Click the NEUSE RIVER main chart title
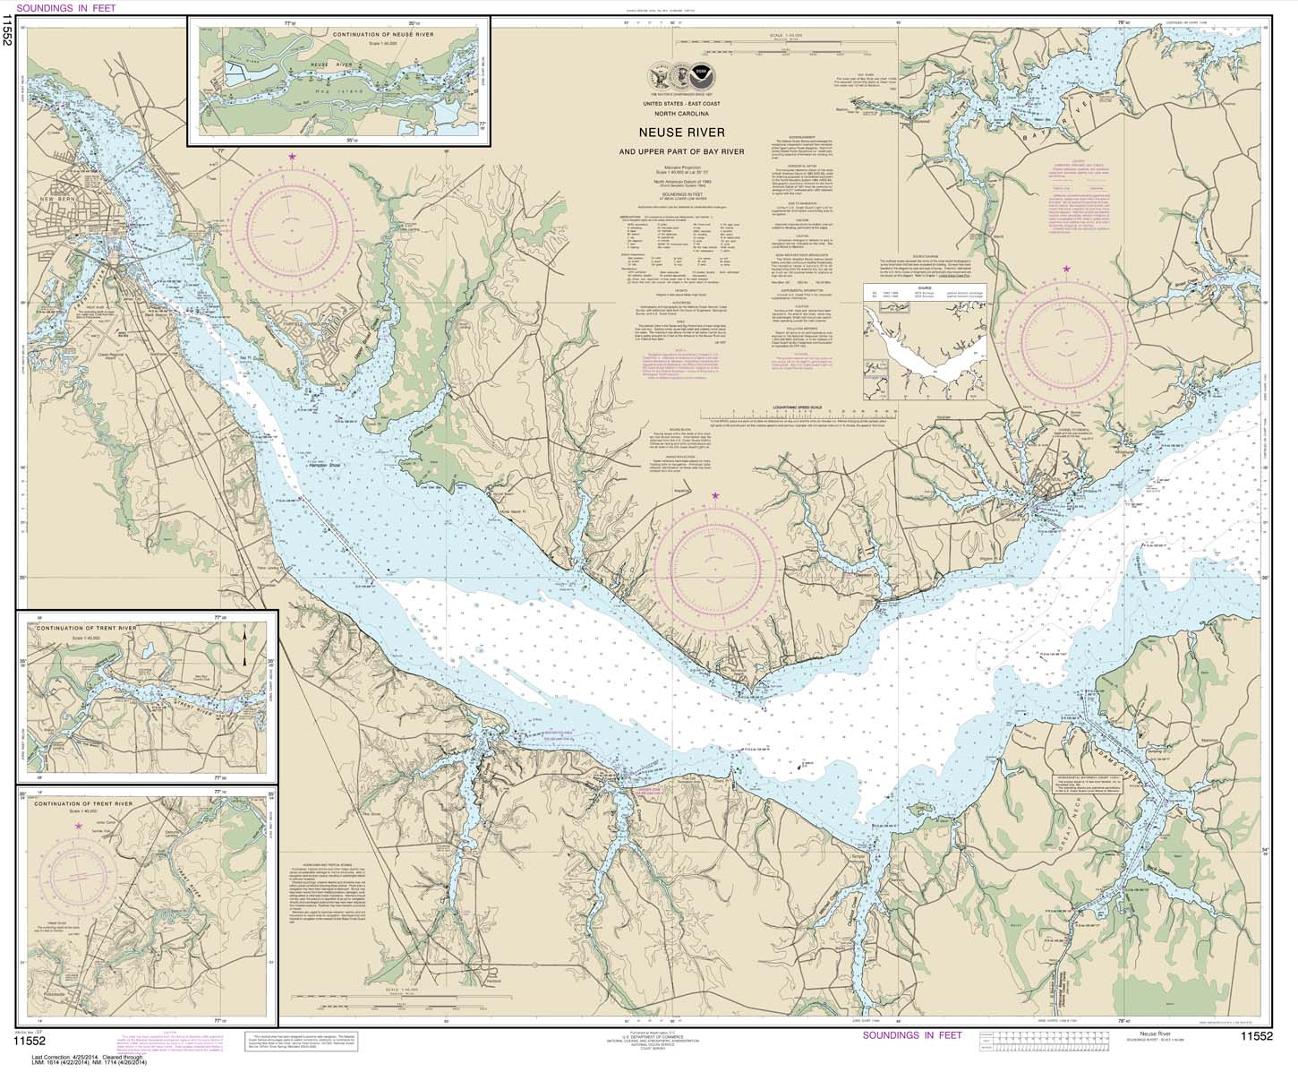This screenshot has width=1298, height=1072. point(687,133)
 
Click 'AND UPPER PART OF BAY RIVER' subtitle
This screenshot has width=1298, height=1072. point(687,150)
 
